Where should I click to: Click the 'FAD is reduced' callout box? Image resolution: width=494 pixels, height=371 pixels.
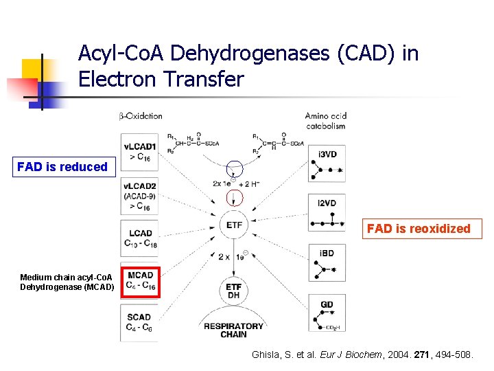coord(62,167)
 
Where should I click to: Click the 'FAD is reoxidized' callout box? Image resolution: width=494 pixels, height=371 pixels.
coord(419,229)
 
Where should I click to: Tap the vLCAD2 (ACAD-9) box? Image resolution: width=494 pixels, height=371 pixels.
coord(140,196)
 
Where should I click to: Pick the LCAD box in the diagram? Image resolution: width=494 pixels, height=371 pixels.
coord(140,238)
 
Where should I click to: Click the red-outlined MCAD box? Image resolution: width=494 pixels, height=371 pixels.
coord(140,281)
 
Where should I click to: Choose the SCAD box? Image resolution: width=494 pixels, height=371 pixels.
coord(140,322)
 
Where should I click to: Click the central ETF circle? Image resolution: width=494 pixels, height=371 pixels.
coord(234,225)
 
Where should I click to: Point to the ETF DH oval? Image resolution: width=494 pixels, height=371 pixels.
coord(234,291)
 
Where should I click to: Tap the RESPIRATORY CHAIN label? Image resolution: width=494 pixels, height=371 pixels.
coord(234,330)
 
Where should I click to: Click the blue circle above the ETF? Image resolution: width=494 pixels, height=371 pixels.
coord(235,168)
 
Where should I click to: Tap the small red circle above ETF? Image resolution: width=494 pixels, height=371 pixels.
coord(235,198)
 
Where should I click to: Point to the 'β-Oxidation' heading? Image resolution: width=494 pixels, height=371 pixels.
coord(141,116)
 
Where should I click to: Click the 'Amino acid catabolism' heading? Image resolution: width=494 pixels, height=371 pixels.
coord(325,120)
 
